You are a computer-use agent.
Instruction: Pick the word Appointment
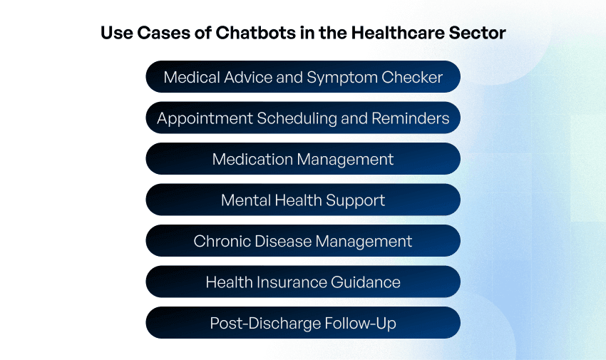coord(197,118)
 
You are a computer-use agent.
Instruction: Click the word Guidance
coord(365,282)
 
